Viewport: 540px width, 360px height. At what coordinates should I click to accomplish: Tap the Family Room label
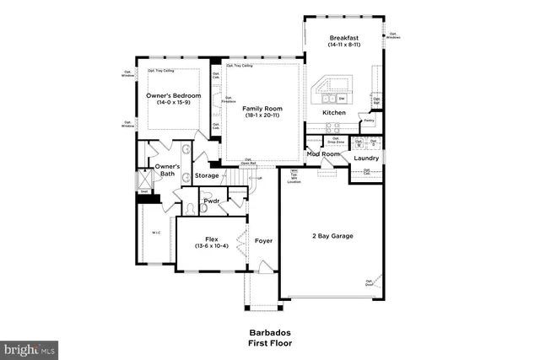point(262,109)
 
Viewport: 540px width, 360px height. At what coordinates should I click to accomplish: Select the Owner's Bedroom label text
point(173,95)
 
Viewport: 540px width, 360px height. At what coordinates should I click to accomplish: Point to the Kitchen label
point(335,112)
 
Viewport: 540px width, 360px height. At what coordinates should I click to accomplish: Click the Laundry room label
point(365,158)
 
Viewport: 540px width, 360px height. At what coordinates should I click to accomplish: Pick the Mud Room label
point(323,154)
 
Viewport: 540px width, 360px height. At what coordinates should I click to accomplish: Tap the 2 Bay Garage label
point(329,235)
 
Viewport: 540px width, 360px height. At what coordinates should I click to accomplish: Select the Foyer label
point(262,241)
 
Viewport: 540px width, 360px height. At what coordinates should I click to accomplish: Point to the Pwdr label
point(212,202)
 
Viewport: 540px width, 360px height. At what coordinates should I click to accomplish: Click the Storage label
point(207,175)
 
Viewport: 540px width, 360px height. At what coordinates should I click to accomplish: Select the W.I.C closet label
point(156,234)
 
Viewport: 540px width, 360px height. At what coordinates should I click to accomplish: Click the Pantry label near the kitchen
point(369,121)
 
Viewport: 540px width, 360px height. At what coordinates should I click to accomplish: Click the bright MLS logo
point(30,348)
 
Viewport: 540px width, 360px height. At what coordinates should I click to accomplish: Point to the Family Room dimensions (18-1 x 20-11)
point(262,116)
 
